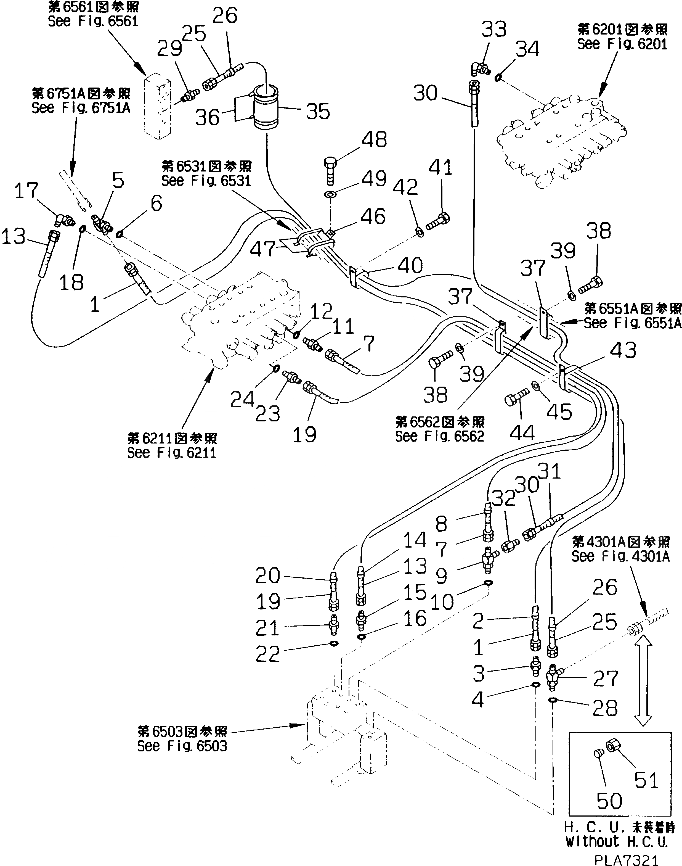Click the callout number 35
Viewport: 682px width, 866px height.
click(318, 112)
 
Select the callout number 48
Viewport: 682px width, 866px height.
click(374, 140)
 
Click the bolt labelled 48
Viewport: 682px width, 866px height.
click(330, 171)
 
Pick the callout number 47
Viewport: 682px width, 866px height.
click(262, 249)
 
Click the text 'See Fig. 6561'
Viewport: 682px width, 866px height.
click(93, 21)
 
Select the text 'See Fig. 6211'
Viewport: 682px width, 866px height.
click(172, 453)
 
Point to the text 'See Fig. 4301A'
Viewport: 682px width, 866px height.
click(620, 556)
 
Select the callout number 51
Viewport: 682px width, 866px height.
click(646, 780)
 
